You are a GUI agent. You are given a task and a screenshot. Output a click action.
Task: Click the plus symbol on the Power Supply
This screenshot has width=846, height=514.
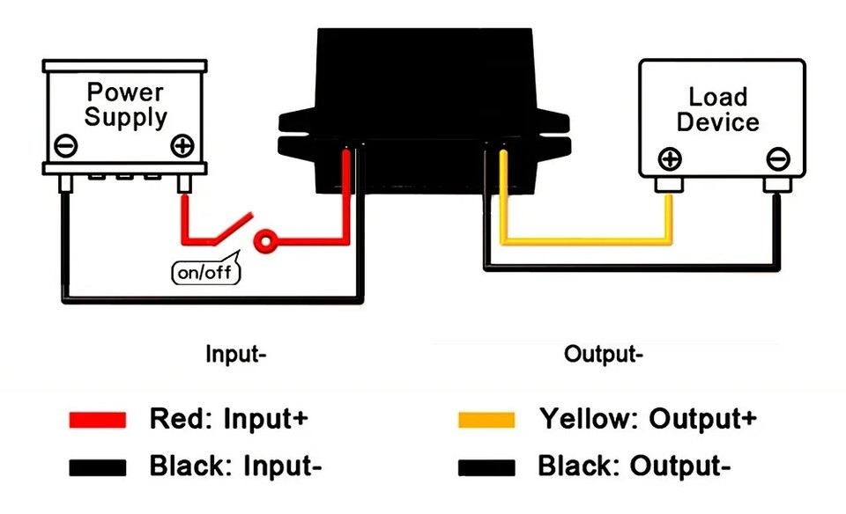tap(182, 144)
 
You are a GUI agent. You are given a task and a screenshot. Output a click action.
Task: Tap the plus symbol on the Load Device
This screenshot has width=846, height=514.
tap(670, 159)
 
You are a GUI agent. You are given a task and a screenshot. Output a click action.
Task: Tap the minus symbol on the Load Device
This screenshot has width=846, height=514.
tap(777, 159)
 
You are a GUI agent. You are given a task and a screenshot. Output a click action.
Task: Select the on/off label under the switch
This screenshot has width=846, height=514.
tap(204, 272)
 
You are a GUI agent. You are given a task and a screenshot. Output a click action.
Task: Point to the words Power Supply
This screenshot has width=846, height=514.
tap(124, 104)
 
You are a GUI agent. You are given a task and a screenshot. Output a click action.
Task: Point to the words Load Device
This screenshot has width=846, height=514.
tap(717, 109)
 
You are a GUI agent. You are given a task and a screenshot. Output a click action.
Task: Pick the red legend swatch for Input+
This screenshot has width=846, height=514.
tap(98, 419)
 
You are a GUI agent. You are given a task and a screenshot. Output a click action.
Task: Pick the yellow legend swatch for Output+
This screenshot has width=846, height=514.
tap(486, 419)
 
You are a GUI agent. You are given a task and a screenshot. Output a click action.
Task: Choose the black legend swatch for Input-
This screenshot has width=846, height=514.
tap(98, 466)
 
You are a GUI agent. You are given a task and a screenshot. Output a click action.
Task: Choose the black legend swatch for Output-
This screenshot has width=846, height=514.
tap(486, 466)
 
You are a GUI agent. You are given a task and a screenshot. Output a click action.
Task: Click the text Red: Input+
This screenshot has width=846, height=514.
tap(229, 418)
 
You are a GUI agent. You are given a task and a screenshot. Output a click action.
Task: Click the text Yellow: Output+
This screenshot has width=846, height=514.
tap(648, 418)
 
